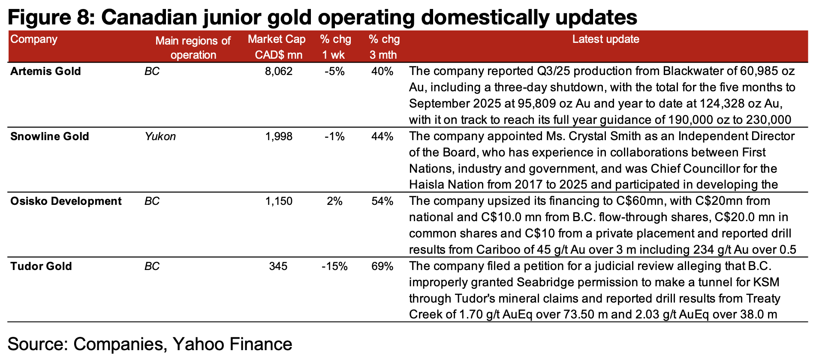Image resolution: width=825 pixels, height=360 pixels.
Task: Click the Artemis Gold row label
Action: (45, 71)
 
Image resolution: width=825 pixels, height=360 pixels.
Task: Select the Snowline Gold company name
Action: (50, 136)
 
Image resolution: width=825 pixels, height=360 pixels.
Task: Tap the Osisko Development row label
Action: (66, 201)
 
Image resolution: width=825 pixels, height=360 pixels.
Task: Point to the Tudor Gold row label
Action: (41, 266)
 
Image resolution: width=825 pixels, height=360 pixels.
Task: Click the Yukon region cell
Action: (160, 136)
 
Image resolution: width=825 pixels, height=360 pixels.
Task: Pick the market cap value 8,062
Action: (279, 71)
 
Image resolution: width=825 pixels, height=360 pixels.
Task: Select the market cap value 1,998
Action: (279, 136)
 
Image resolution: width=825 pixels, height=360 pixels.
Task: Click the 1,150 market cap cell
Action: (279, 201)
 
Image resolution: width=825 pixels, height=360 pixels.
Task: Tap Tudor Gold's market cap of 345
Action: (278, 266)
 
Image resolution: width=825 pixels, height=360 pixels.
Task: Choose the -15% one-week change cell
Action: (334, 266)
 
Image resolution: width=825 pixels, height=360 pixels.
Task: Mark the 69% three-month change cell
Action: (382, 266)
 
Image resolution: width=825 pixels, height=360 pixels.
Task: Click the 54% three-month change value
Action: (382, 201)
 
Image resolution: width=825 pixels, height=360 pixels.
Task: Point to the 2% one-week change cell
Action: (334, 201)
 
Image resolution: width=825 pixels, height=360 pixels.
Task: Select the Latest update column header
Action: (605, 39)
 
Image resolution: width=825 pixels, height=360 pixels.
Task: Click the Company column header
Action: (34, 39)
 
